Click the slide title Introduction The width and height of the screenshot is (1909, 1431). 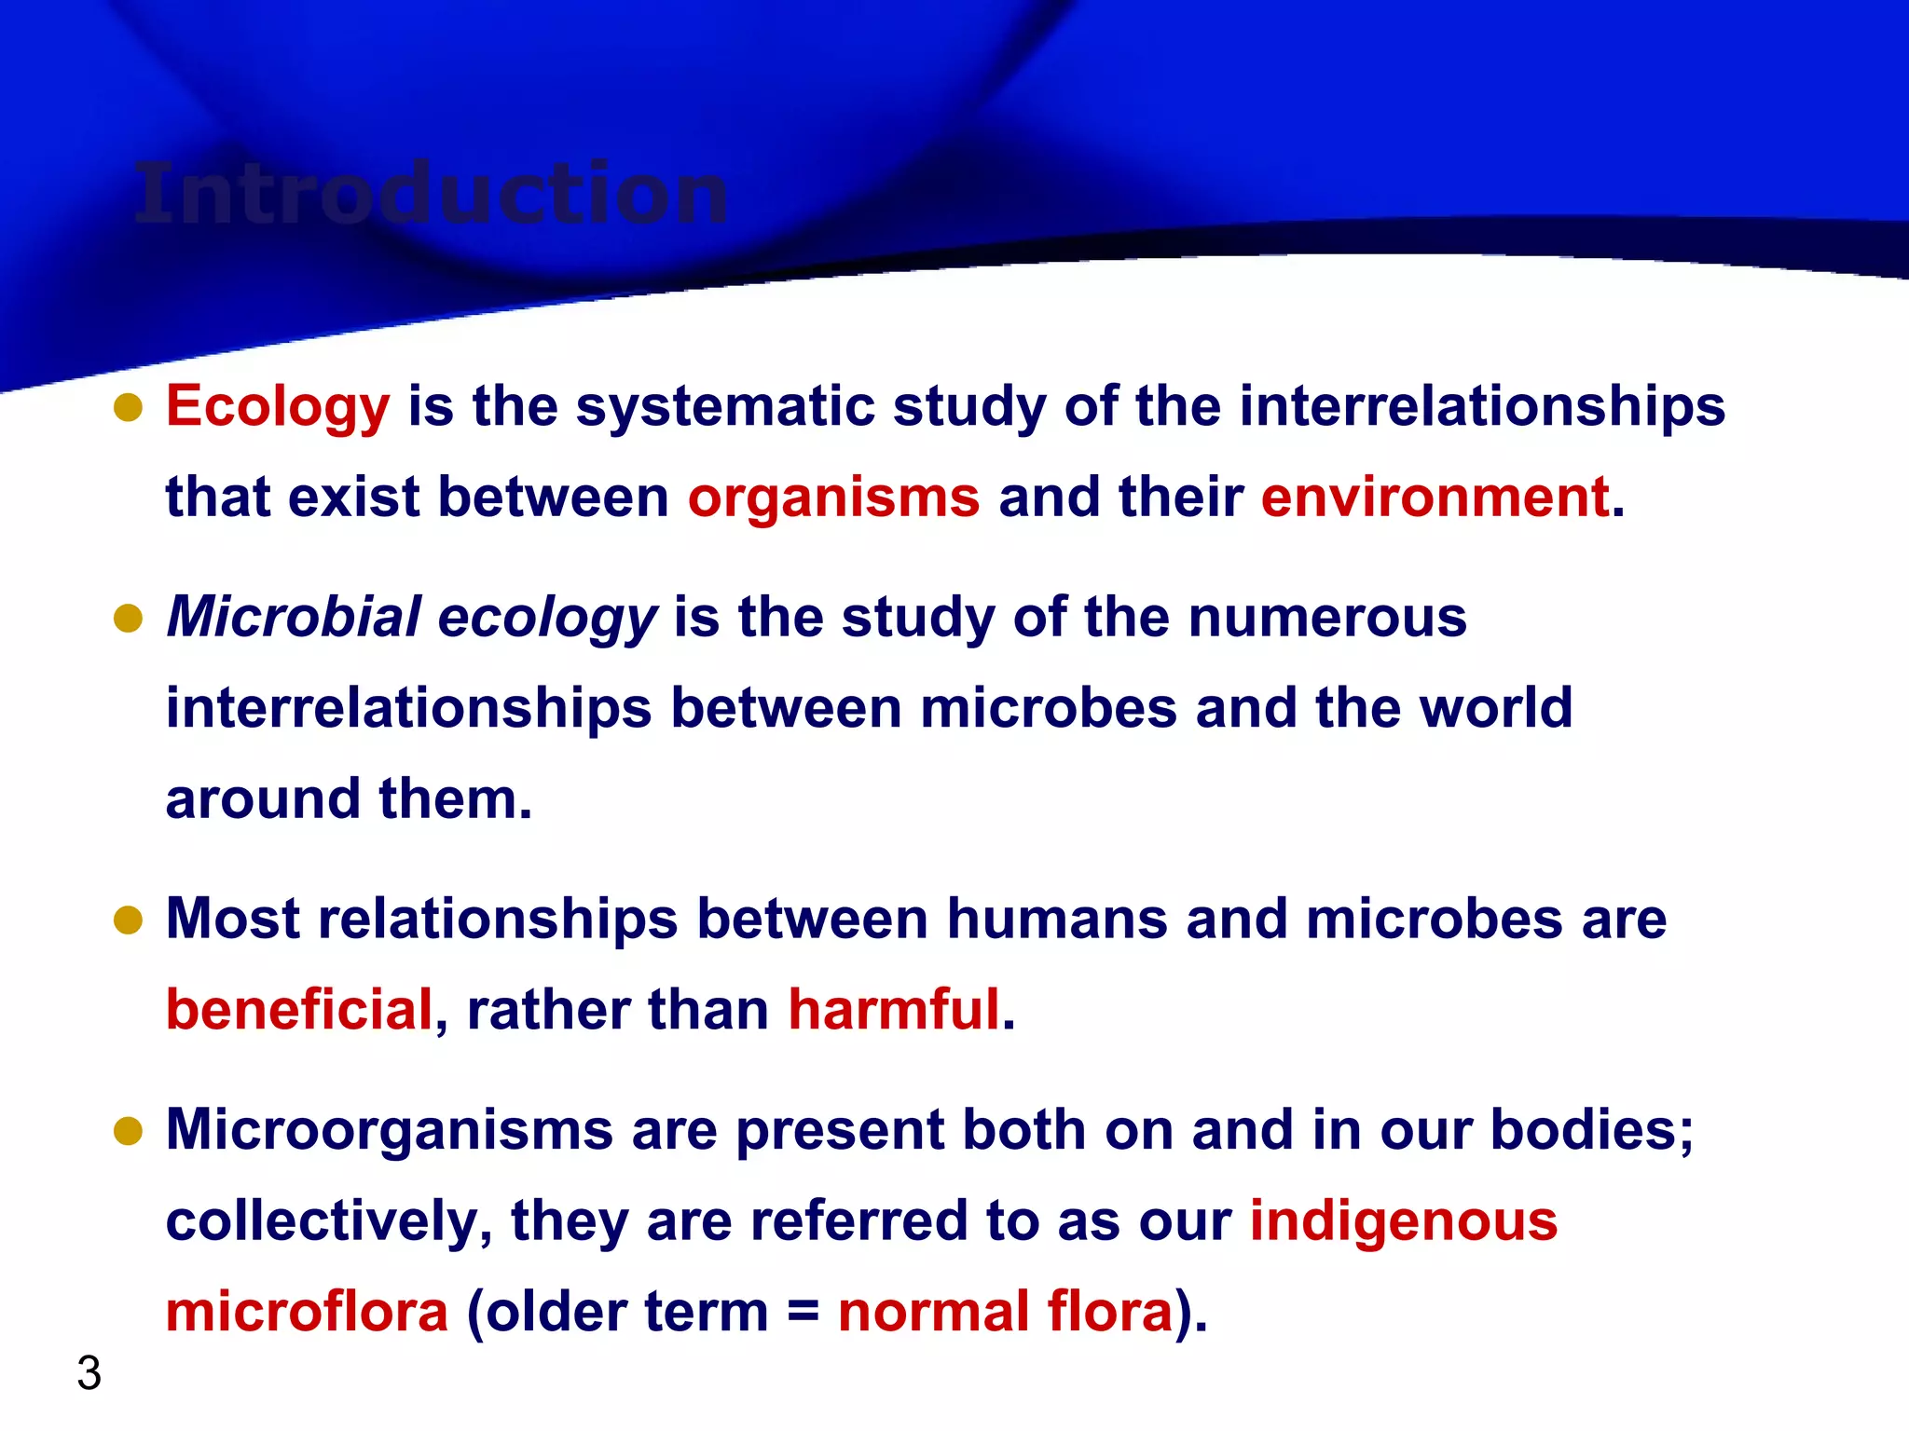(431, 194)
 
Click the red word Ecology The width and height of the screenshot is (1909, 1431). (277, 407)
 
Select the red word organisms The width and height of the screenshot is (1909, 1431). (833, 497)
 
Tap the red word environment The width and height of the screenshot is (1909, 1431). (1435, 497)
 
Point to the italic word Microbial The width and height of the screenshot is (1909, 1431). (294, 617)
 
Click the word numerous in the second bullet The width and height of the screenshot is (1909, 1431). (1326, 618)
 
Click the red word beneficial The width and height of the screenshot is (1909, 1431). (299, 1010)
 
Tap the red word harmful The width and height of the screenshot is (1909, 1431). (893, 1010)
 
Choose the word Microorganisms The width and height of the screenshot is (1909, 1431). (389, 1130)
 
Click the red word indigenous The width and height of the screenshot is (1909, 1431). (1403, 1221)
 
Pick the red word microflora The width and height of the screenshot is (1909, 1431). (307, 1312)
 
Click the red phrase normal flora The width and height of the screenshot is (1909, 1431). (1005, 1312)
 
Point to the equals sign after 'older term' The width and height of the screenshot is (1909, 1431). (803, 1313)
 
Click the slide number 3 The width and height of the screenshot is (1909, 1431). (89, 1373)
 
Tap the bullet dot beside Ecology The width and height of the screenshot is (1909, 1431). (128, 407)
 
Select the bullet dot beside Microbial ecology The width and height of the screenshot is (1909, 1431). (128, 618)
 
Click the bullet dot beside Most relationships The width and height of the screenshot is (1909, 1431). (128, 920)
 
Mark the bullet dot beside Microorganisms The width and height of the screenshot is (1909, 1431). (128, 1131)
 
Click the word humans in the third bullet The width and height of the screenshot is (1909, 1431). (1057, 920)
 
